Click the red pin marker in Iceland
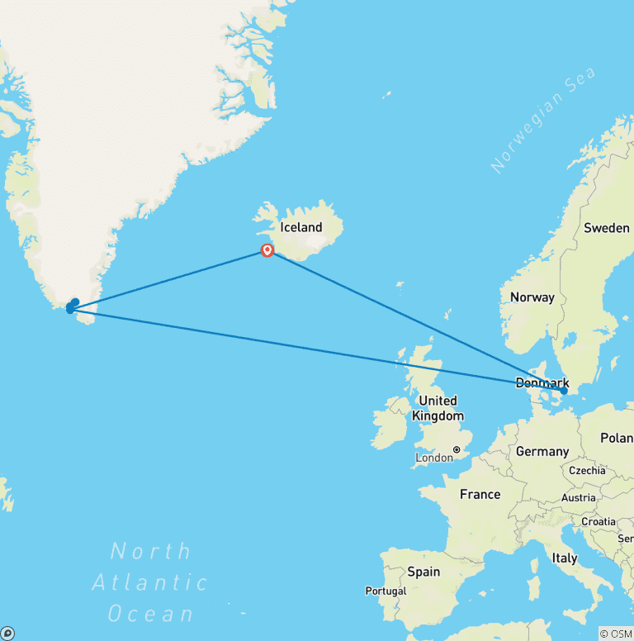267,249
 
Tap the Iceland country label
301,227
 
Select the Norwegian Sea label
542,121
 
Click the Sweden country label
606,227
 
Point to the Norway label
532,297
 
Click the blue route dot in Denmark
564,392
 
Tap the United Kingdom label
438,408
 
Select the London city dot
456,450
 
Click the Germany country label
542,452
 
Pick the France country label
480,494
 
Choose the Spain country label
423,572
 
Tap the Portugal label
386,591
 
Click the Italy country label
565,558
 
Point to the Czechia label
587,471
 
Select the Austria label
578,497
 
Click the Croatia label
598,521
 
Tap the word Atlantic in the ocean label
149,582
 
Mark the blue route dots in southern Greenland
72,306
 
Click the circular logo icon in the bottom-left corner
8,633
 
